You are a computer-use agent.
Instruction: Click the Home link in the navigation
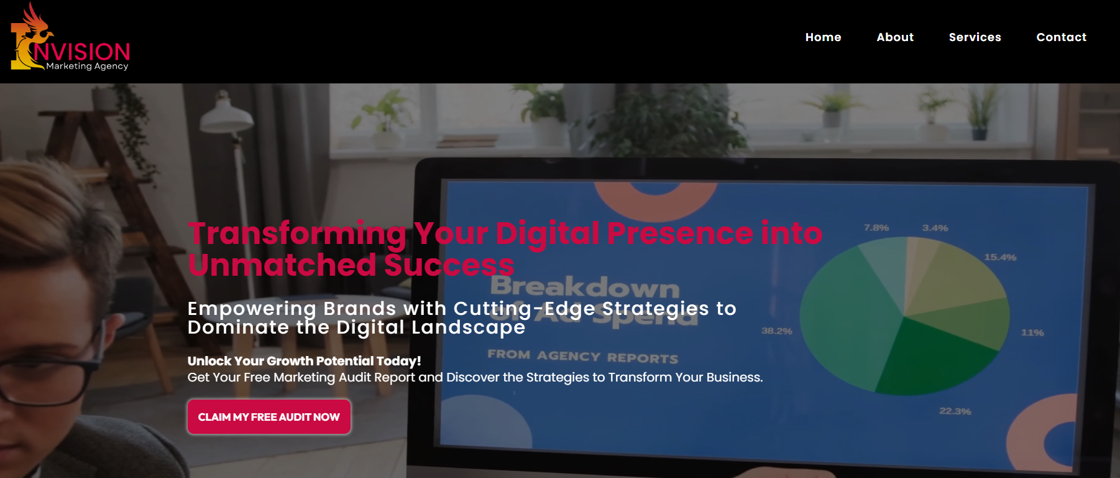(x=823, y=37)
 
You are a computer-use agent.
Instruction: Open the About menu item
(x=895, y=37)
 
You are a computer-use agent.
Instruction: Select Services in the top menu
(x=975, y=37)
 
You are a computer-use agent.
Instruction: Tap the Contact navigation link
(x=1061, y=37)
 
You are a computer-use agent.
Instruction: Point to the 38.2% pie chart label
(x=776, y=331)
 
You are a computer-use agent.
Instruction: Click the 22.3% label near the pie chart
(x=955, y=411)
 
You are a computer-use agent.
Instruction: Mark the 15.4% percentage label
(x=999, y=257)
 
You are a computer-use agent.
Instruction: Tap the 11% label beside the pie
(x=1032, y=333)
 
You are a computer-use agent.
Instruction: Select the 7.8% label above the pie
(x=876, y=228)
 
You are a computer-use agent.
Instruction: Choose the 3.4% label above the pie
(x=935, y=228)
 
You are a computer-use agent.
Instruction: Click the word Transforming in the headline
(x=297, y=234)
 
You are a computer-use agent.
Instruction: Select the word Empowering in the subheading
(x=252, y=309)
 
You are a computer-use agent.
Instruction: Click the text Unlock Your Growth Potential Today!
(x=304, y=361)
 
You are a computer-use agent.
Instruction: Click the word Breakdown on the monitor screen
(x=584, y=287)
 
